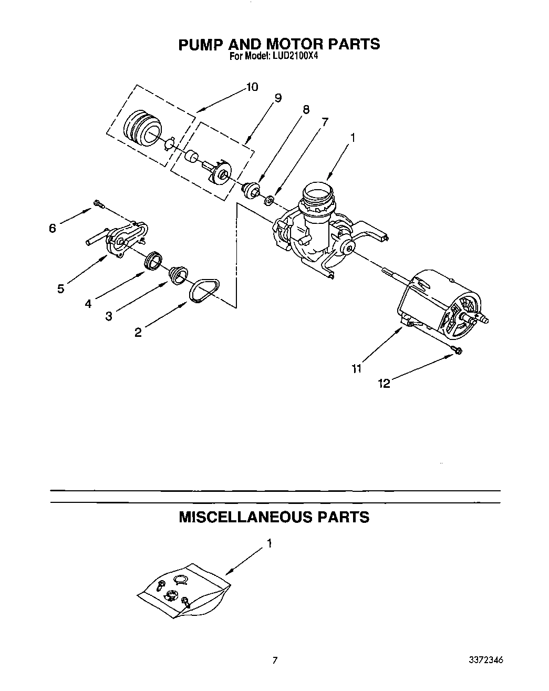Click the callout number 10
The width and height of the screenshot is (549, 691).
252,87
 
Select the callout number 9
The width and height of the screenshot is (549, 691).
278,98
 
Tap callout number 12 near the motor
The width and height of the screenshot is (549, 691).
384,384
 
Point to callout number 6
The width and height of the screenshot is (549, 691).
52,228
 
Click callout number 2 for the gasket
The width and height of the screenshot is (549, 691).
138,332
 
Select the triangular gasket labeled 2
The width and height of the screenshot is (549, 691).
204,291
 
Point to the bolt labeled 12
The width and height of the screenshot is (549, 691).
456,350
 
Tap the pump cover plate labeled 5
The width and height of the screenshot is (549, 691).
123,239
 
